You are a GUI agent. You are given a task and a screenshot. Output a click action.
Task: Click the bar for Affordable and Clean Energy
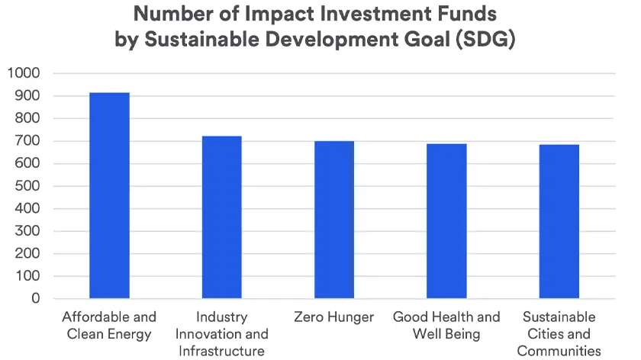109,195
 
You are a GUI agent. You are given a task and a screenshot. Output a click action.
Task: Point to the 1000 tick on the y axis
24,73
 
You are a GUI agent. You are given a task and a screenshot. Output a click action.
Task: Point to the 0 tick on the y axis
35,299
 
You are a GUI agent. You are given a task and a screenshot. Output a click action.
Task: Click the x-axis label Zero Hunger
334,317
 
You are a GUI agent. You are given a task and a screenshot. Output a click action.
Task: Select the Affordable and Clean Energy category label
109,326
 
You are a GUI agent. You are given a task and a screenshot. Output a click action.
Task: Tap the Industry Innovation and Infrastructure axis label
221,334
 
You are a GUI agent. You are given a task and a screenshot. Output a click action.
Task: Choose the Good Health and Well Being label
446,326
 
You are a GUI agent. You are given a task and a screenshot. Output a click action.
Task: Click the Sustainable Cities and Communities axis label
559,334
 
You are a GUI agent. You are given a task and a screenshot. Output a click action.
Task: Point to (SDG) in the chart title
483,40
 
